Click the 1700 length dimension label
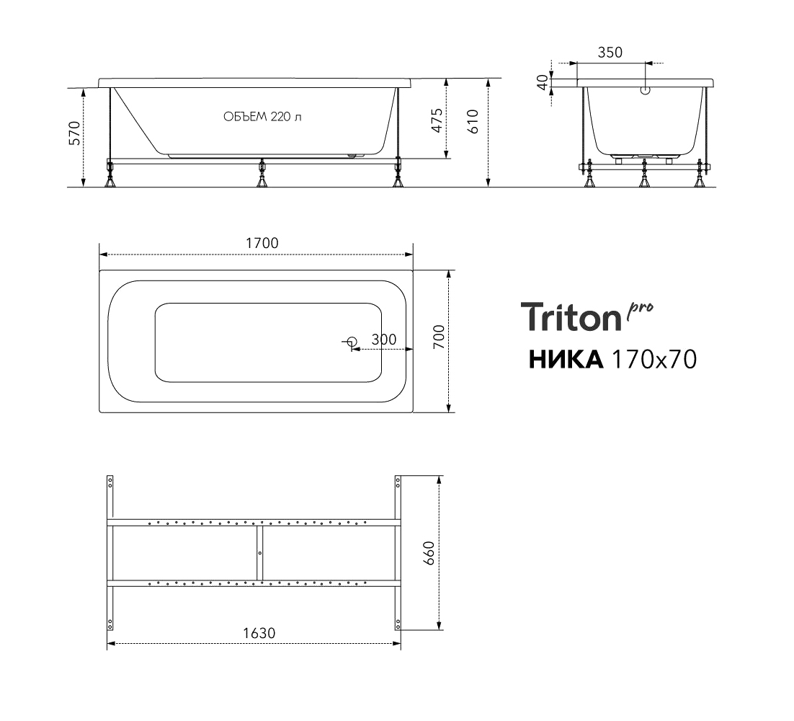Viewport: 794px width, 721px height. [262, 243]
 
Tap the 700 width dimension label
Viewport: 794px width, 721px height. [439, 337]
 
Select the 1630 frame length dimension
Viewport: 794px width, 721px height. [259, 633]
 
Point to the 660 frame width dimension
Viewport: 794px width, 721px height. [429, 553]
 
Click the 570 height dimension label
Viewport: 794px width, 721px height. [74, 133]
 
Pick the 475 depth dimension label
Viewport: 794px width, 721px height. [437, 120]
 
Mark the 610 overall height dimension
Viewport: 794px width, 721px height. [473, 122]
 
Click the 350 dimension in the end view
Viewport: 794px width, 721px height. [610, 53]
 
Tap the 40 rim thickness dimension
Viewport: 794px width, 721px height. [543, 82]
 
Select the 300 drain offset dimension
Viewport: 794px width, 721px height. [384, 340]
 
